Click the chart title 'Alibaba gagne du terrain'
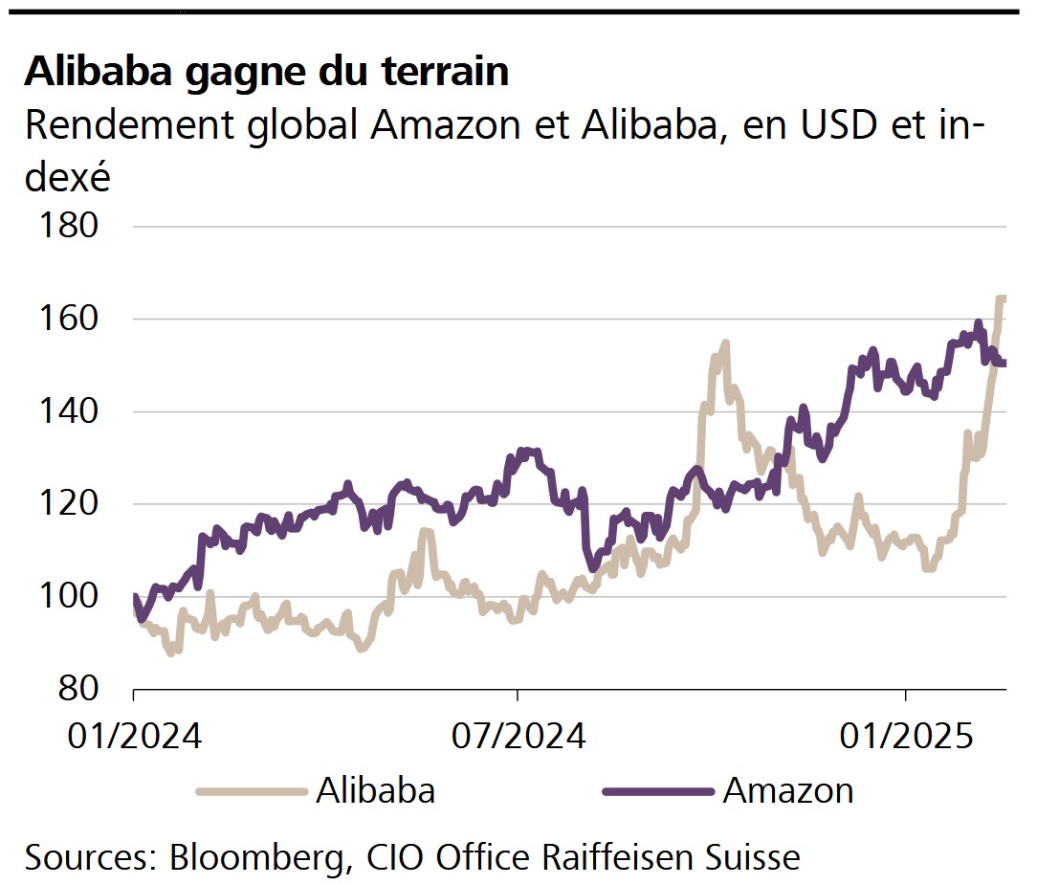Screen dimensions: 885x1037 point(266,71)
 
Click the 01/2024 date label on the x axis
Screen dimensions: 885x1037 point(133,738)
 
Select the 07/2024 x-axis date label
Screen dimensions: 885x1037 point(518,738)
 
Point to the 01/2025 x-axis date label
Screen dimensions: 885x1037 point(905,738)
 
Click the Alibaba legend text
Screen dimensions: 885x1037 point(375,790)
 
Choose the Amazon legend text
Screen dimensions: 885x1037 point(788,790)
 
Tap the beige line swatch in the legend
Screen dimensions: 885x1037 point(251,791)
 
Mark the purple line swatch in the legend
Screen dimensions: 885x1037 point(658,791)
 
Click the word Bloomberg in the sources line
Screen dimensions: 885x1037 point(258,856)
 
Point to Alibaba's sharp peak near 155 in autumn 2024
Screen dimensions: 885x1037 point(725,343)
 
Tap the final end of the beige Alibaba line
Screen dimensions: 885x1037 point(1004,299)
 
